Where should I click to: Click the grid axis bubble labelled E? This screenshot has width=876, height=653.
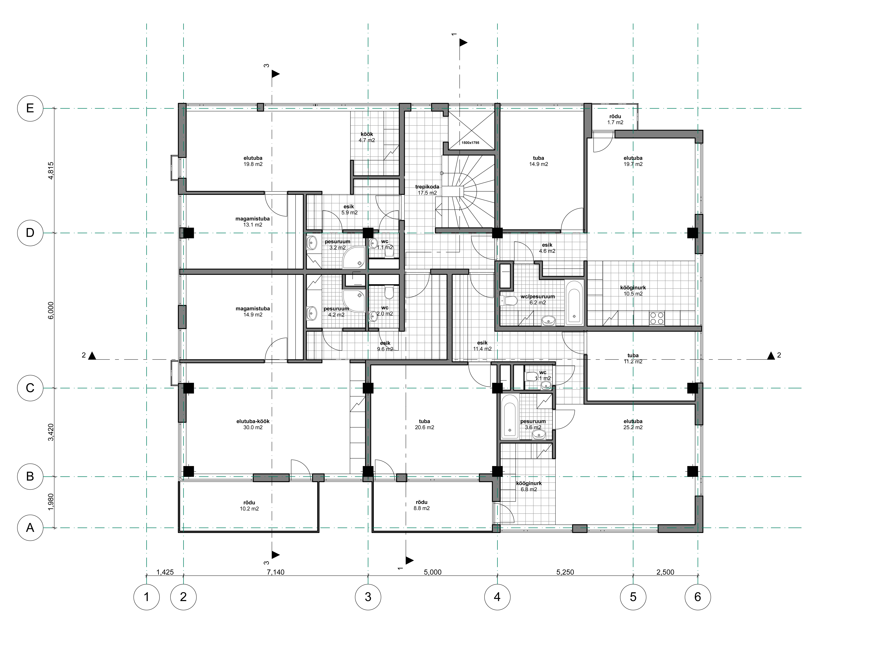point(30,108)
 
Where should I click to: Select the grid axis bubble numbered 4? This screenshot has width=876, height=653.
point(497,597)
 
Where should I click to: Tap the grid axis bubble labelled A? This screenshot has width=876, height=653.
point(30,528)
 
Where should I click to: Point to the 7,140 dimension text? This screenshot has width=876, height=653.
point(275,572)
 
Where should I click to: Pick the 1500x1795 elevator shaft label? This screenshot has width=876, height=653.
point(470,143)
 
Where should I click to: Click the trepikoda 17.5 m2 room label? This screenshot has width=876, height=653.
point(427,190)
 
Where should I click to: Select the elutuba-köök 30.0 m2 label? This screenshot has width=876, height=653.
point(253,424)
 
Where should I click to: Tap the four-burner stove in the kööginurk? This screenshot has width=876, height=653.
point(657,318)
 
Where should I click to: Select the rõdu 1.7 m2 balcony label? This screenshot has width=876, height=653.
point(615,119)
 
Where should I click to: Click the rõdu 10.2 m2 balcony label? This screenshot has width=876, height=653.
point(249,506)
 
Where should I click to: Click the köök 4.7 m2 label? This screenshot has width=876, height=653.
point(367,137)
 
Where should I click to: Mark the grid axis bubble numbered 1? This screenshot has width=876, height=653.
point(147,597)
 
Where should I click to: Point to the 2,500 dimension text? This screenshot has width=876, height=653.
point(665,572)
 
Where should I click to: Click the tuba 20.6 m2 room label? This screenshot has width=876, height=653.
point(424,424)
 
